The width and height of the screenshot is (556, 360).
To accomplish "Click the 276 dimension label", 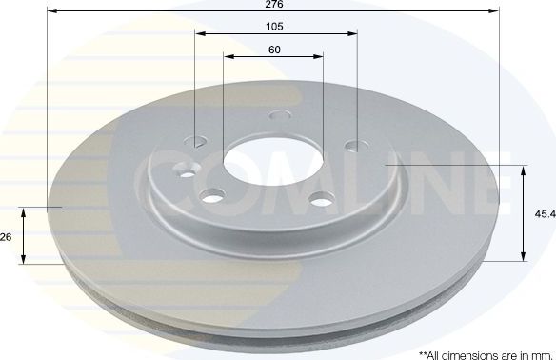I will (x=274, y=5).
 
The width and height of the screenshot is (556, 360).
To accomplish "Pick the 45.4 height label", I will (x=544, y=214).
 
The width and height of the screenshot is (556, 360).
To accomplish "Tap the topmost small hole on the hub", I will (x=278, y=116).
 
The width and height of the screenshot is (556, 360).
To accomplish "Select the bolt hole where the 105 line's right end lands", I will (x=356, y=147).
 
